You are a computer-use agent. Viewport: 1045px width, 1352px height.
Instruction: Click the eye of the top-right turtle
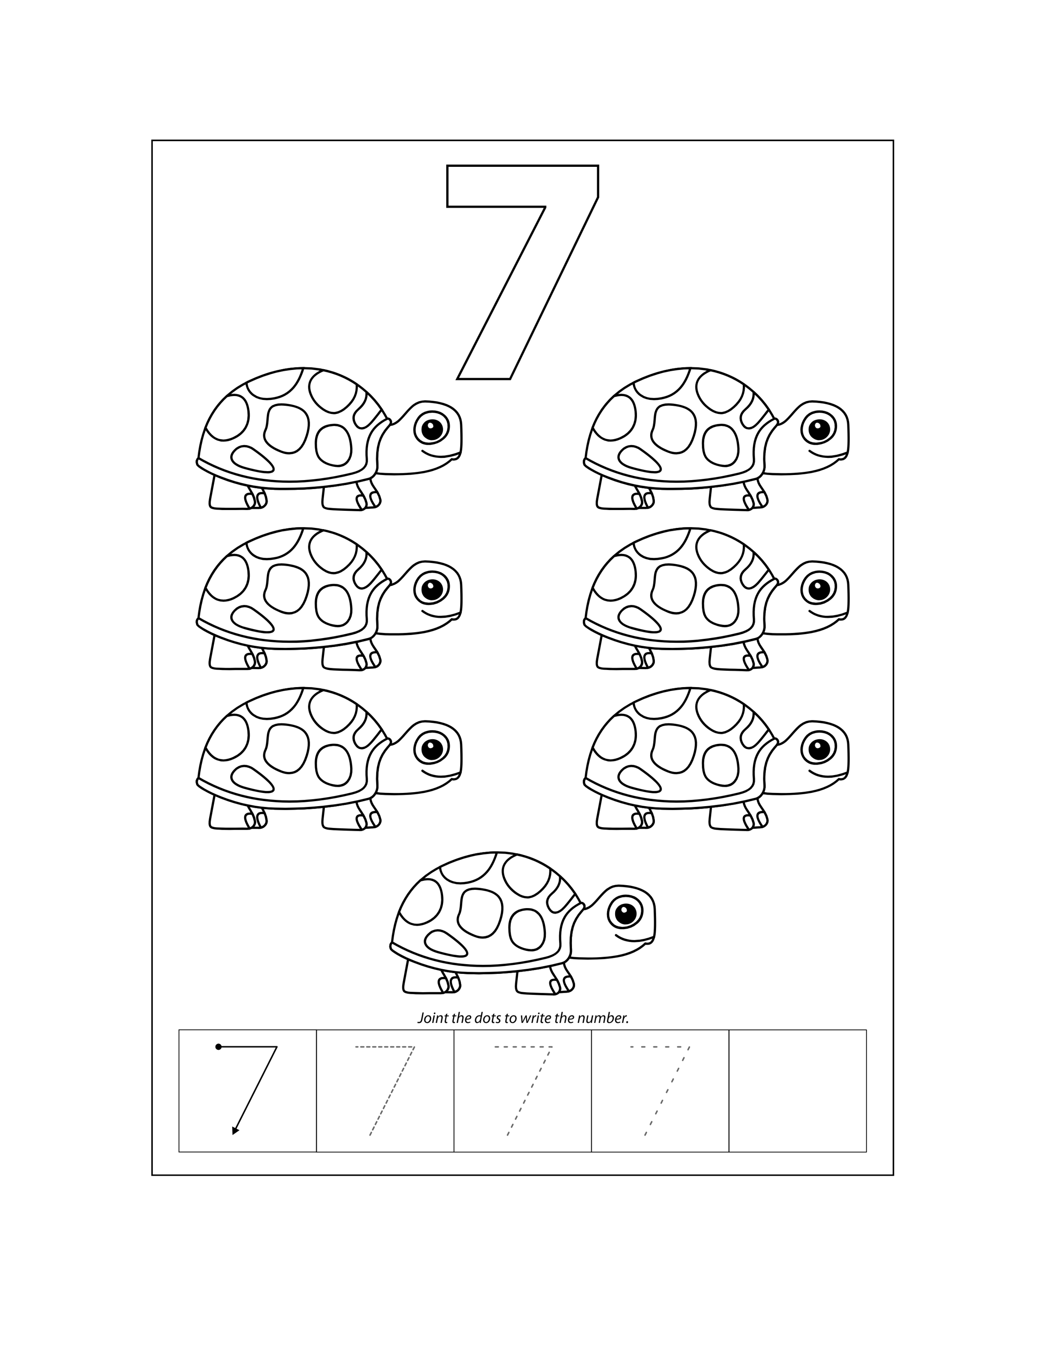[x=818, y=428]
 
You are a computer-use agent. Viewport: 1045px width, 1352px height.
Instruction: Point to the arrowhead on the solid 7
[x=235, y=1131]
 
